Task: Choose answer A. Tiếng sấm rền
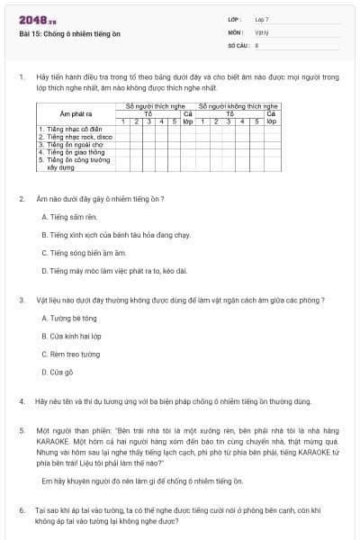point(68,217)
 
